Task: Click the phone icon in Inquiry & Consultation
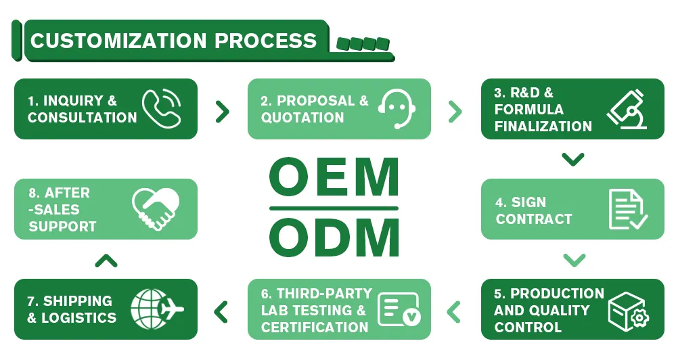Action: (x=162, y=109)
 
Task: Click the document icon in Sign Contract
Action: (x=627, y=209)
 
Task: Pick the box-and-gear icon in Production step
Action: (x=628, y=310)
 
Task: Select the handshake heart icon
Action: (x=156, y=209)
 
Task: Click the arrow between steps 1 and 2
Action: (x=222, y=111)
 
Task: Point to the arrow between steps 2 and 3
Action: (x=455, y=111)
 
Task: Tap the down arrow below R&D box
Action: (x=573, y=160)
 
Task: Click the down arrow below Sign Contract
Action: (x=573, y=260)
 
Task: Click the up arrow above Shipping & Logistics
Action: (x=106, y=261)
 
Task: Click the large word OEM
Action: (x=334, y=178)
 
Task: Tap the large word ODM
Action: (x=334, y=238)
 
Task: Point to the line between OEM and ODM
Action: (x=334, y=208)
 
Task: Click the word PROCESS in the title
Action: (x=266, y=41)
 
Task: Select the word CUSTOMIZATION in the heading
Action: (x=118, y=41)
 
